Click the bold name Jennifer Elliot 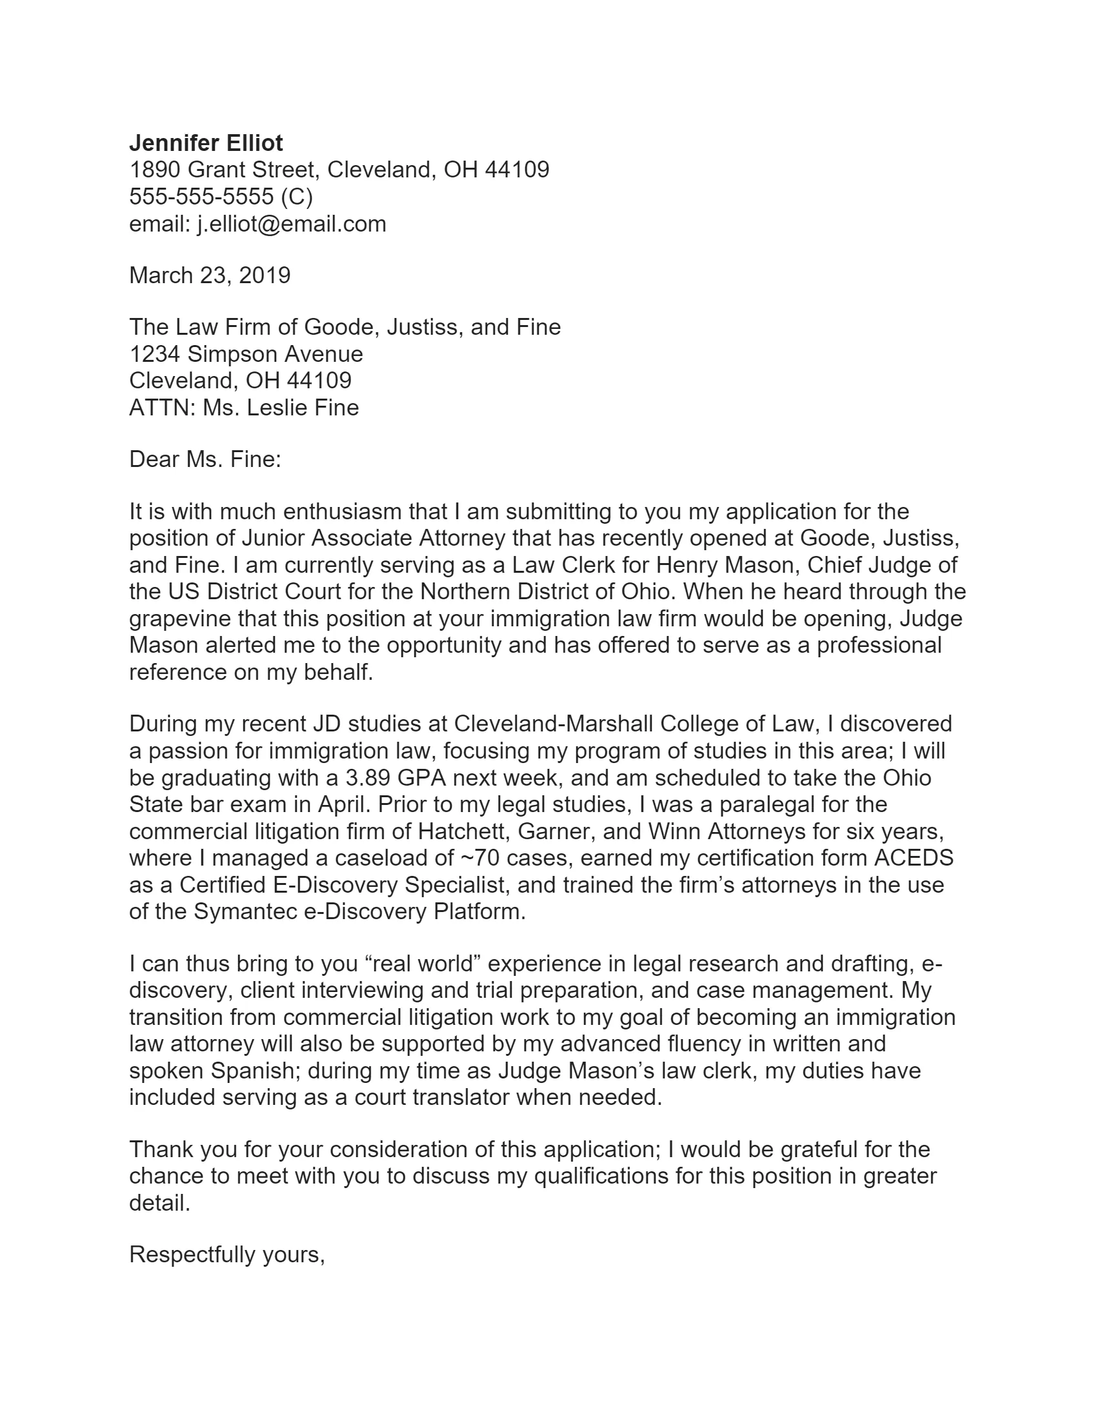pos(206,143)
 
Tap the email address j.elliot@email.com pos(291,224)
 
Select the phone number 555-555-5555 pos(201,197)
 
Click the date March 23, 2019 pos(209,275)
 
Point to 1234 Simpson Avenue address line pos(246,354)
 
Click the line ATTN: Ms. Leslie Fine pos(244,408)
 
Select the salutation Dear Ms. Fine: pos(205,460)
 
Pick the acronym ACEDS pos(913,858)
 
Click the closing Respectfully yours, pos(226,1255)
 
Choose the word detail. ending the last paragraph pos(159,1204)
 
